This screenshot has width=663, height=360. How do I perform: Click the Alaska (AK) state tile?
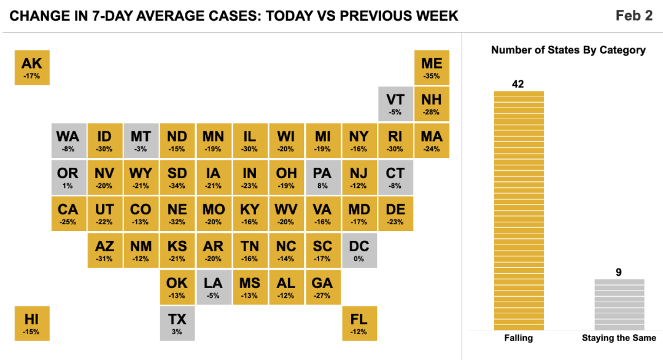(32, 68)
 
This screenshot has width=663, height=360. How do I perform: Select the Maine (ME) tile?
(432, 68)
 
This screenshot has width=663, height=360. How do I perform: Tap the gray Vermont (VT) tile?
(395, 104)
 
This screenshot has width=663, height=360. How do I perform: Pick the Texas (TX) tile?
(177, 324)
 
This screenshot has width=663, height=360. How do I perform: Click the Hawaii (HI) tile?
(32, 324)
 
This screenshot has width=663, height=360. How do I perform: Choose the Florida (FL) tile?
(359, 324)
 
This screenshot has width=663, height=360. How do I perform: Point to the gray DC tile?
(359, 251)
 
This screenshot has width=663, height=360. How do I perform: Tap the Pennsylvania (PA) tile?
(323, 178)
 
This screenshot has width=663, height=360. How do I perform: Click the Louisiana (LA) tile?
(214, 288)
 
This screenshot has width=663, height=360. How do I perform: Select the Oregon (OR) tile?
(69, 178)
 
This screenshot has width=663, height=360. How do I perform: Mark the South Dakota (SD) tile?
(177, 178)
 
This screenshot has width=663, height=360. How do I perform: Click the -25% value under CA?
(68, 222)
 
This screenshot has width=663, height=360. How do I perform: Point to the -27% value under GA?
(322, 295)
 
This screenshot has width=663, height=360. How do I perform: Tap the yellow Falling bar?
(519, 211)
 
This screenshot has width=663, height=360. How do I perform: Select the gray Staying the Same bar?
(619, 305)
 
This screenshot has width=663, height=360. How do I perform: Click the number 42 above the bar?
(518, 84)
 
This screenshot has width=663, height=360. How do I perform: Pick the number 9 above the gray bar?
(619, 272)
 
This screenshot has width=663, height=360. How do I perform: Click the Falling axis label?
(518, 338)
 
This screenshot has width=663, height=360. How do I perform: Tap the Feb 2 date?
(634, 15)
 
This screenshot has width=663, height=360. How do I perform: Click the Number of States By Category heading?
(568, 50)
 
